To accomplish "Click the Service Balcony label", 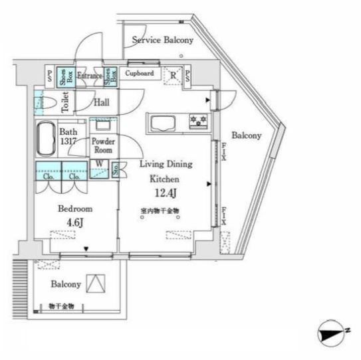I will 163,41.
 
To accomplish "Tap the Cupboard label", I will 140,74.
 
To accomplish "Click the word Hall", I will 101,102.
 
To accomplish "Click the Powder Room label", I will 103,145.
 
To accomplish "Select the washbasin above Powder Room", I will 103,126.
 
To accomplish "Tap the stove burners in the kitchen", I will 198,121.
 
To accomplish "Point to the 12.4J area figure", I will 165,194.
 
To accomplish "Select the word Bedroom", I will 74,209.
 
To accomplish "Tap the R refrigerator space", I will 173,76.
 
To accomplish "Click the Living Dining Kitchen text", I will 166,171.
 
